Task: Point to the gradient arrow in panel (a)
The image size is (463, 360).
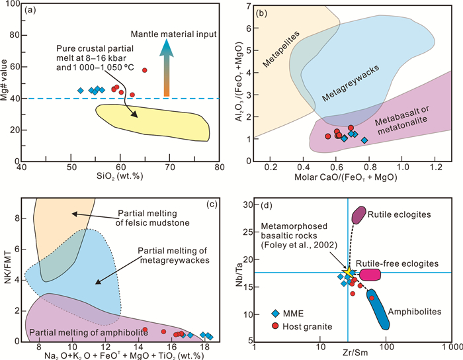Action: pyautogui.click(x=167, y=69)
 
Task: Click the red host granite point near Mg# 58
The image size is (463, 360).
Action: pyautogui.click(x=144, y=70)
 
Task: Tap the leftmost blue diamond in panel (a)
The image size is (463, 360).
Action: pyautogui.click(x=81, y=91)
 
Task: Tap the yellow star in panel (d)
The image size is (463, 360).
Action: pyautogui.click(x=349, y=273)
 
